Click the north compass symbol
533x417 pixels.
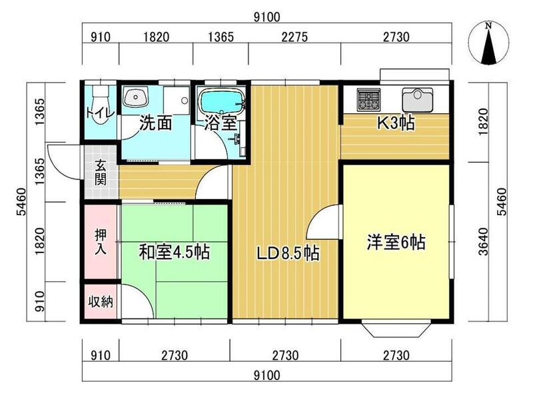(489, 43)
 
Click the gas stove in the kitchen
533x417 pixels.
(368, 99)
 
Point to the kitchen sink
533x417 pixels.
(418, 99)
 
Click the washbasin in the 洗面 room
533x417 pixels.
(136, 97)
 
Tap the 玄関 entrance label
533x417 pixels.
(101, 172)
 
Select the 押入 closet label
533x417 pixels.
(101, 242)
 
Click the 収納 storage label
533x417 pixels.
(101, 302)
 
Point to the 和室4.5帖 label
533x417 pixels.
(174, 252)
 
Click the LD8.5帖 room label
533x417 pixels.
(288, 253)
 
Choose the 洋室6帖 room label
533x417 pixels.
(396, 242)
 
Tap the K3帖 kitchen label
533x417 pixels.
(396, 123)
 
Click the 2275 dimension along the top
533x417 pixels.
(294, 37)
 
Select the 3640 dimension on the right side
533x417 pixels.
(483, 242)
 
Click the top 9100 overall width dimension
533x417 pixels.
(267, 17)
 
